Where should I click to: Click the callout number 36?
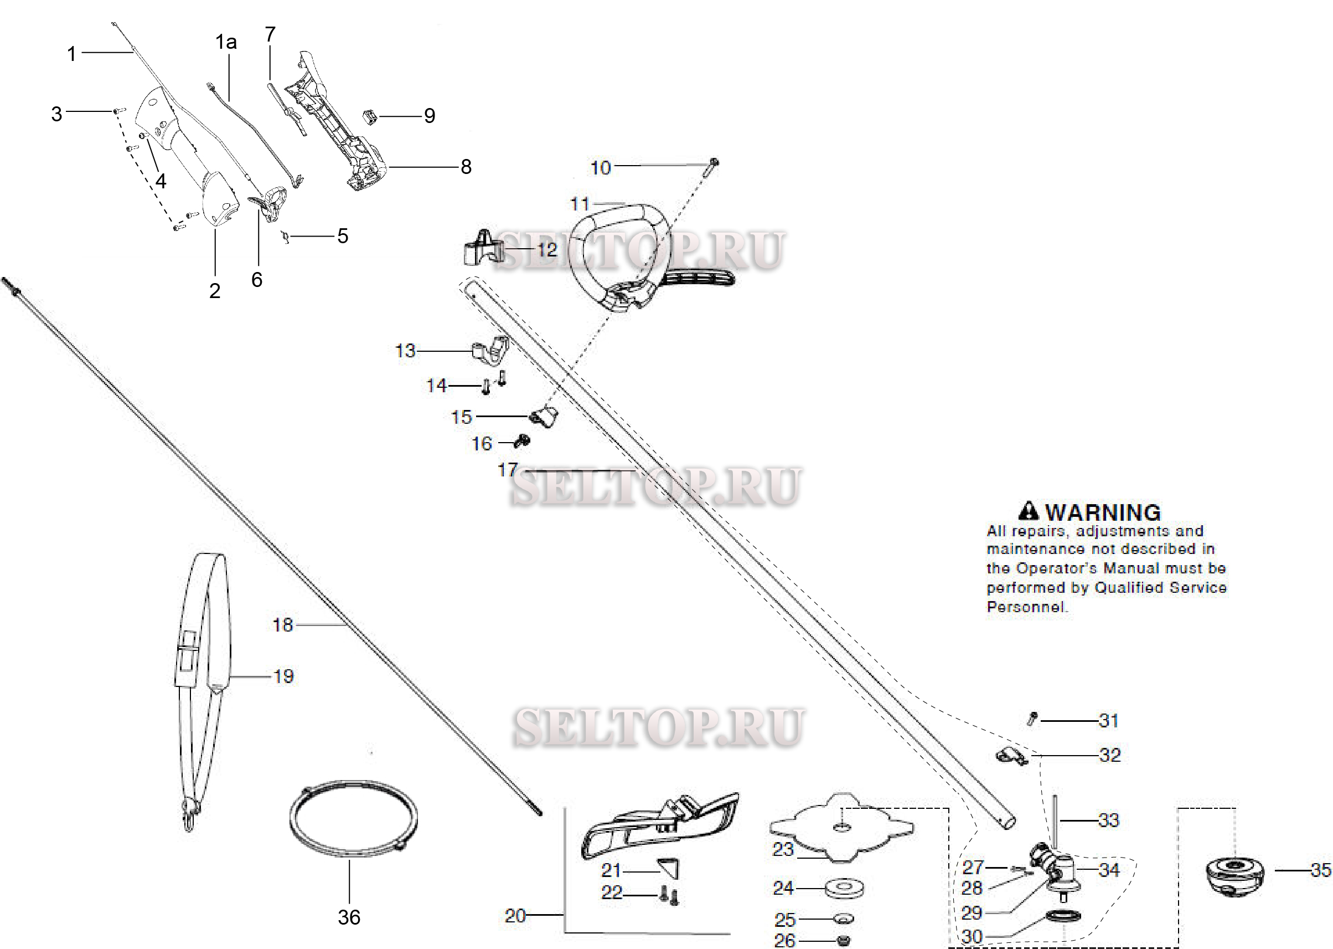click(349, 917)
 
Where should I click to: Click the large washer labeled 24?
click(844, 889)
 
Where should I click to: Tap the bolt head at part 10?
click(714, 162)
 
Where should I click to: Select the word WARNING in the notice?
click(1102, 512)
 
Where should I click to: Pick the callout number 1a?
click(226, 42)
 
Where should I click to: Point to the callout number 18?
click(283, 625)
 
